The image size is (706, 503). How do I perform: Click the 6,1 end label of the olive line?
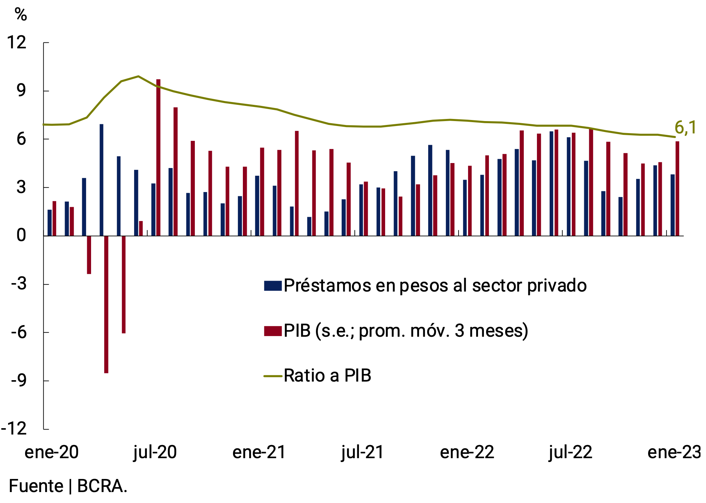click(685, 128)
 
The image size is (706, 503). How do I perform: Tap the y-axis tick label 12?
click(17, 43)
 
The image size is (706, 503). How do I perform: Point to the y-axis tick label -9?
click(18, 381)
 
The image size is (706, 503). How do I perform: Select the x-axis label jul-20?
click(155, 452)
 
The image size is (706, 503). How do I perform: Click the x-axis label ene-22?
click(467, 452)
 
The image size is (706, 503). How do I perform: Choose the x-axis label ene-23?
click(674, 452)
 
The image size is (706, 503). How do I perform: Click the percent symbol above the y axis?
click(21, 14)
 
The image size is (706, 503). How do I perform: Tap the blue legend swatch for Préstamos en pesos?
click(273, 286)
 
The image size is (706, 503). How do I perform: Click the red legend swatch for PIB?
click(273, 331)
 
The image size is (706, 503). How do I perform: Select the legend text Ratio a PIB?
click(327, 376)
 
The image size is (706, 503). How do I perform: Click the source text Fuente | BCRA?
click(68, 486)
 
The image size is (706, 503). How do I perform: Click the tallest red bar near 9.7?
click(158, 157)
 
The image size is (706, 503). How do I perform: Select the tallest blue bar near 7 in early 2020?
click(101, 180)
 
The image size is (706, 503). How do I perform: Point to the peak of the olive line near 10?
click(138, 76)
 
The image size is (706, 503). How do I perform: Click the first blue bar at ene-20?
click(49, 222)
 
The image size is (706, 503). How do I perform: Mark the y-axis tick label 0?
click(21, 235)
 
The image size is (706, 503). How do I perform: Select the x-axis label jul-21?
click(363, 452)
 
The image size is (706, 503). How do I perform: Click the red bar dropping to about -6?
click(124, 284)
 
